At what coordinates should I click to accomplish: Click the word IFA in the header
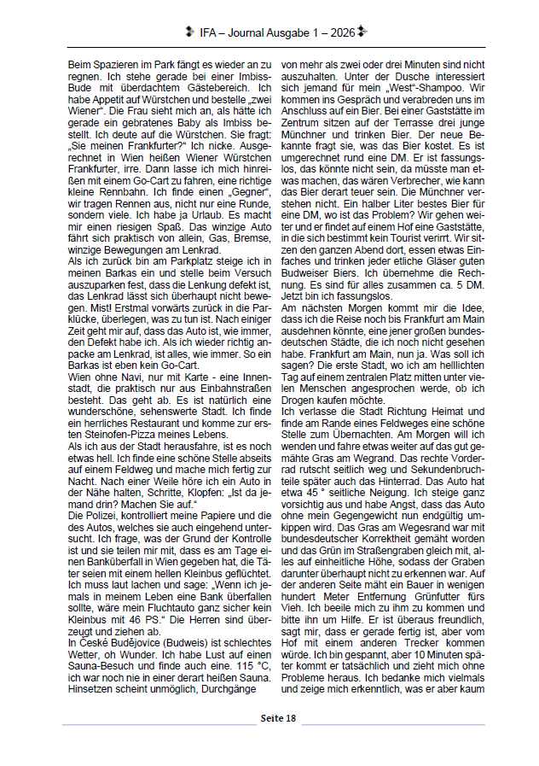(x=208, y=32)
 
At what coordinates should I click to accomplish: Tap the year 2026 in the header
(x=341, y=32)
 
